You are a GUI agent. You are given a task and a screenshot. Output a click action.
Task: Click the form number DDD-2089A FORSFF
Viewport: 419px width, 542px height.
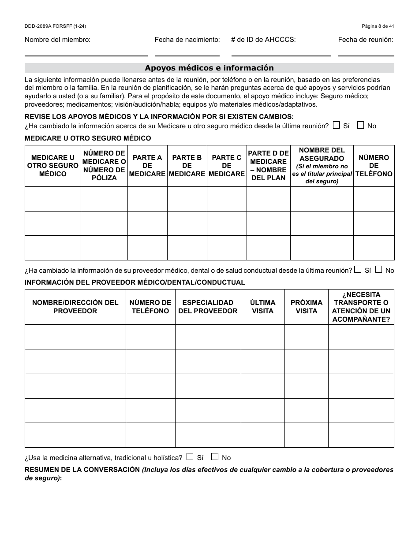pyautogui.click(x=55, y=26)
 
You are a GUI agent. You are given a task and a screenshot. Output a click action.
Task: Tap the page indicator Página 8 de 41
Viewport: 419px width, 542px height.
pyautogui.click(x=378, y=26)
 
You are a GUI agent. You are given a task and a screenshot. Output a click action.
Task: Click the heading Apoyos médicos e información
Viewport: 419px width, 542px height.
pyautogui.click(x=209, y=68)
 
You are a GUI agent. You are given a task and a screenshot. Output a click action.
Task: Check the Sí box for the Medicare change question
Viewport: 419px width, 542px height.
pyautogui.click(x=337, y=125)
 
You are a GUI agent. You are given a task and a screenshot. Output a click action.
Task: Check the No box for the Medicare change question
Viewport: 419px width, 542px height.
pyautogui.click(x=360, y=125)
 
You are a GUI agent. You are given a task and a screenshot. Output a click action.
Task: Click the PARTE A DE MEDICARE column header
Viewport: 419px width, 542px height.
pyautogui.click(x=147, y=166)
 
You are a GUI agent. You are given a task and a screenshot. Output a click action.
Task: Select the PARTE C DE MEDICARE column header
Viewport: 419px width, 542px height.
pyautogui.click(x=227, y=166)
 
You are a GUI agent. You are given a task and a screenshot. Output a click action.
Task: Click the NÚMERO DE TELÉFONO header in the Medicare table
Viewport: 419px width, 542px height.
pyautogui.click(x=374, y=166)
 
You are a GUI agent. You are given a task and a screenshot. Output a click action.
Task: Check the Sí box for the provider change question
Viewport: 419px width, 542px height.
pyautogui.click(x=358, y=269)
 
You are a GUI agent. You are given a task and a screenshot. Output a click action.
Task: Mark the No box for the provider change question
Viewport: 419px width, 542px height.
pyautogui.click(x=379, y=269)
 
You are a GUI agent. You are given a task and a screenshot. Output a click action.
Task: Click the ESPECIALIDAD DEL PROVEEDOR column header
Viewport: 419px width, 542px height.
pyautogui.click(x=208, y=307)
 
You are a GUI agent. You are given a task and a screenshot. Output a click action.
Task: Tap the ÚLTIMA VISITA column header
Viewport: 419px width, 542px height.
pyautogui.click(x=262, y=307)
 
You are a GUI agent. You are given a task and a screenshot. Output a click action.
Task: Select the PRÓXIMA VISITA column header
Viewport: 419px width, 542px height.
pyautogui.click(x=307, y=307)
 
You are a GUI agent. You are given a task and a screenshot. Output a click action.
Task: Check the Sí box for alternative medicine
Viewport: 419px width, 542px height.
pyautogui.click(x=190, y=457)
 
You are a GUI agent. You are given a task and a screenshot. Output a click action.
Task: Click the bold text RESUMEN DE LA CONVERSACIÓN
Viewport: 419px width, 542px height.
pyautogui.click(x=82, y=470)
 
